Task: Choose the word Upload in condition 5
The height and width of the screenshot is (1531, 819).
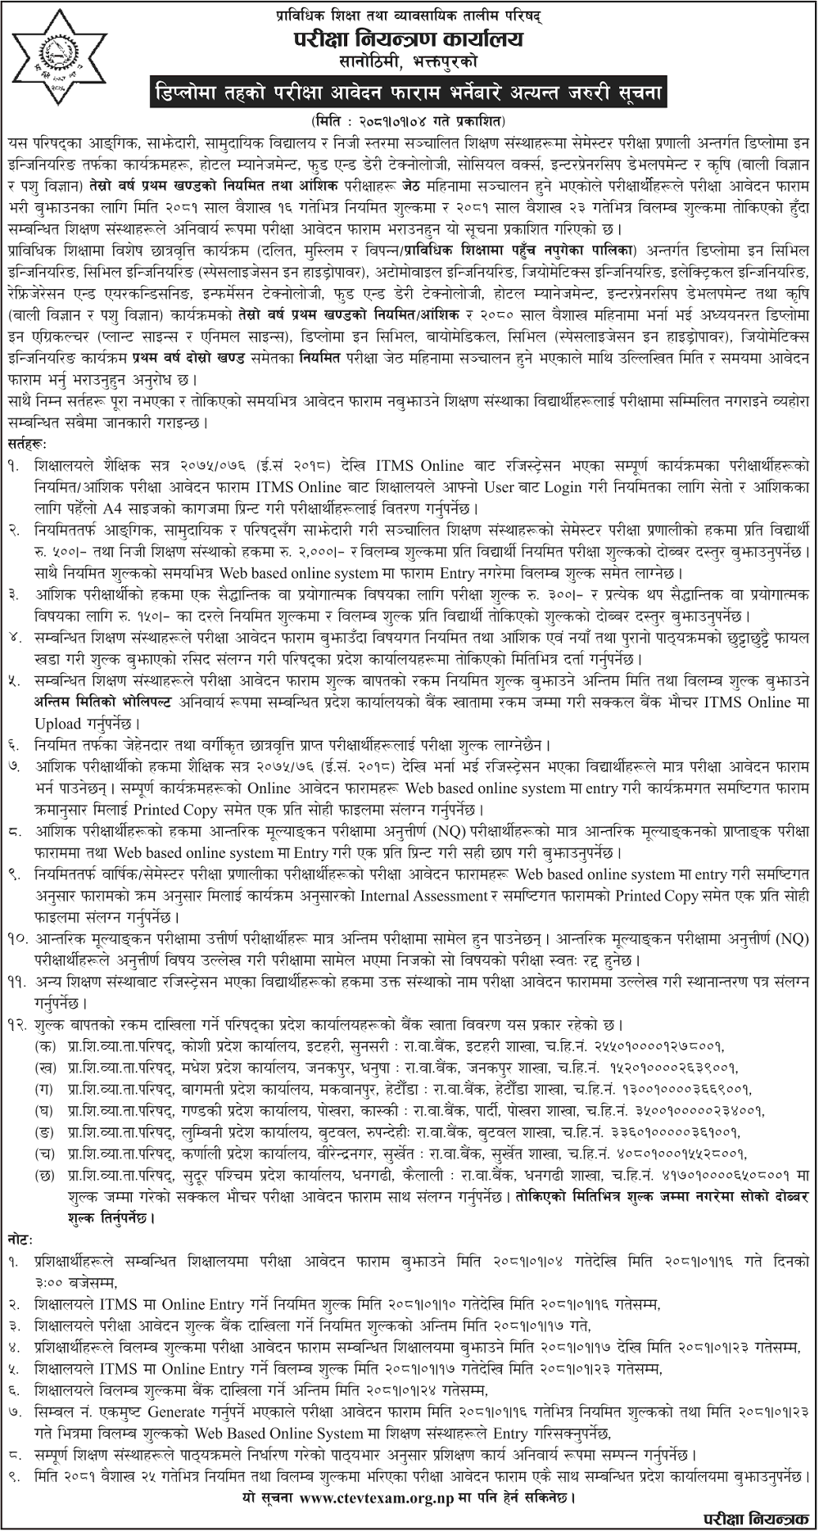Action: coord(57,724)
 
